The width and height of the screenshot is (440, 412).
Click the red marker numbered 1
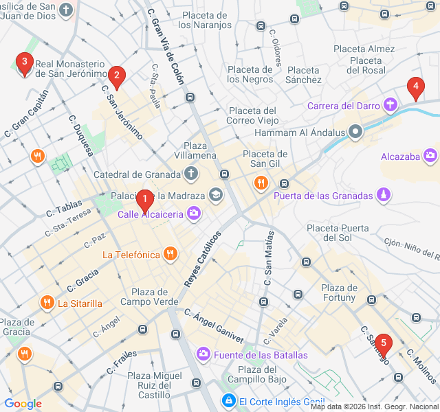(144, 201)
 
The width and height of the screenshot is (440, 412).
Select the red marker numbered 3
(25, 65)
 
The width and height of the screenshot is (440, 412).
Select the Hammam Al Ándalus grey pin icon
(355, 132)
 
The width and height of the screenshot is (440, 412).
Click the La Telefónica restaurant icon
(170, 255)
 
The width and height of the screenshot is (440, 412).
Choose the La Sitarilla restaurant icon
(47, 303)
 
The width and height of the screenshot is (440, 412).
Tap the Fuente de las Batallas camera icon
(203, 354)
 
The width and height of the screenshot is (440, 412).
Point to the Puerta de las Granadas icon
(384, 196)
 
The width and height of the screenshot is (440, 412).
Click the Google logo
(23, 404)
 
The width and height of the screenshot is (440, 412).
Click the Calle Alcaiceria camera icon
(195, 214)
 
